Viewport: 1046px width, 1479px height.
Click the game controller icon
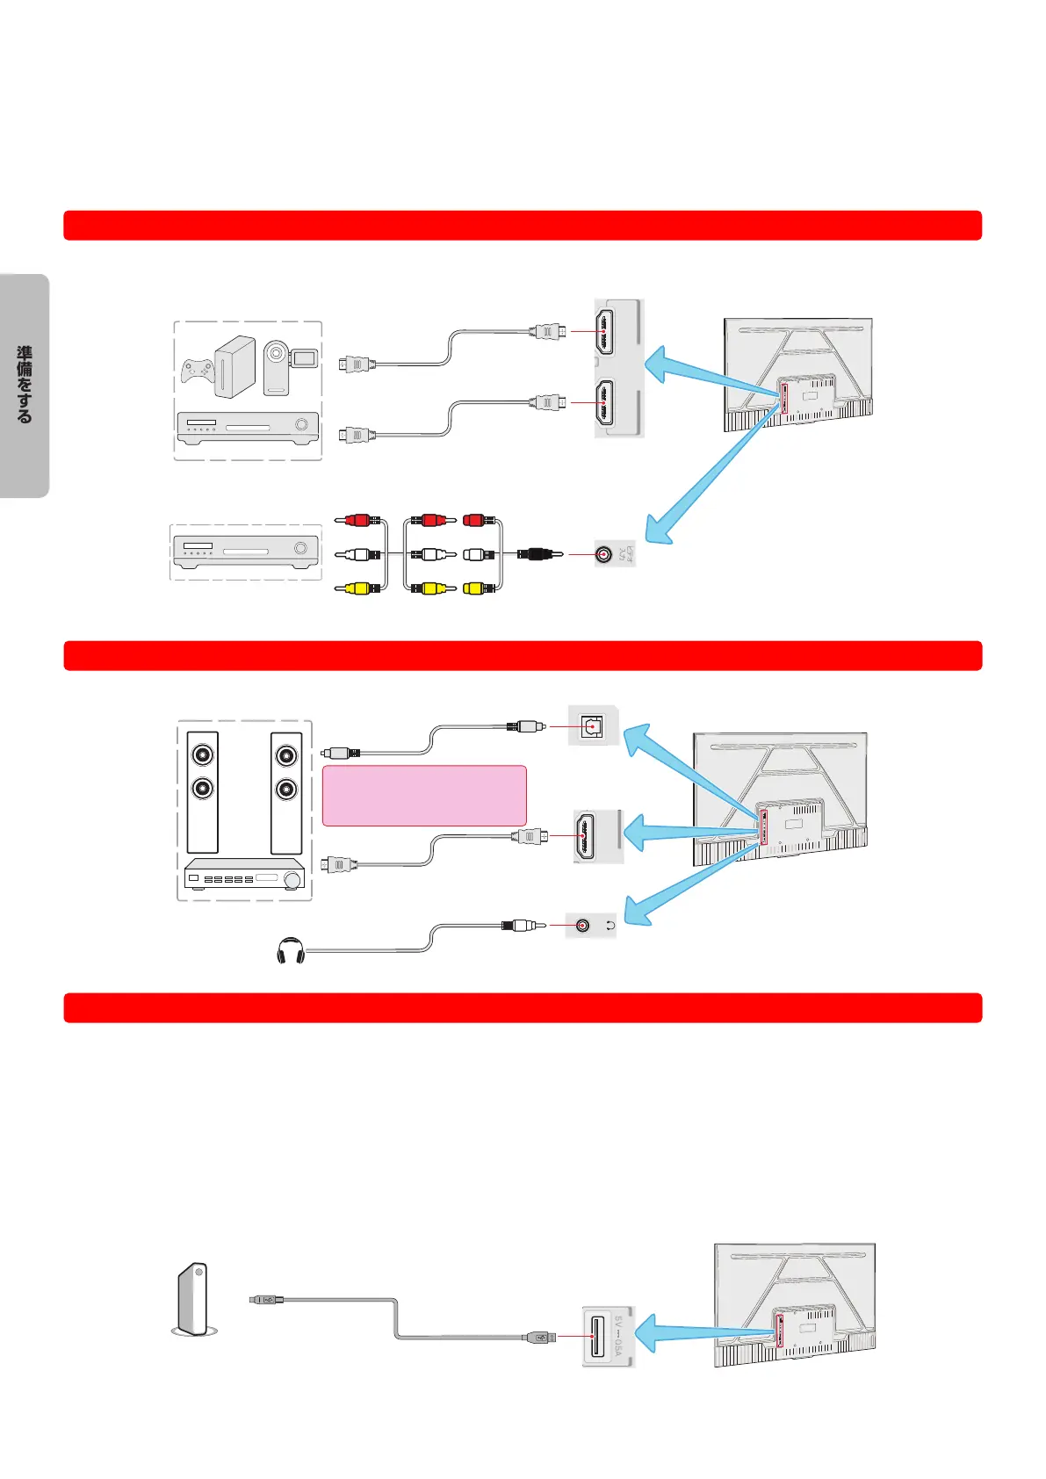coord(198,371)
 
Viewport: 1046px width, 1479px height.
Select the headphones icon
coord(290,952)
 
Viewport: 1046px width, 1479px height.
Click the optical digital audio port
coord(593,726)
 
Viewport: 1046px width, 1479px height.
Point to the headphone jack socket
coord(582,926)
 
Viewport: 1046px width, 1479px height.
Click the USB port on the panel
coord(598,1337)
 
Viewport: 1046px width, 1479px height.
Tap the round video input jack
coord(603,554)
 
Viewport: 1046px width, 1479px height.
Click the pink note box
coord(424,796)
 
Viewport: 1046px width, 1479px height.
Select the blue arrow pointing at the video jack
coord(694,492)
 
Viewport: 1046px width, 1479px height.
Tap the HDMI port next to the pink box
coord(584,836)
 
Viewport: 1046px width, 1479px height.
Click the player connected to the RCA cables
coord(245,552)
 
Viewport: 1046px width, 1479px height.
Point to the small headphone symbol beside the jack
coord(610,926)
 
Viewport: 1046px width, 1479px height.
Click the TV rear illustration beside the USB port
coord(795,1304)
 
